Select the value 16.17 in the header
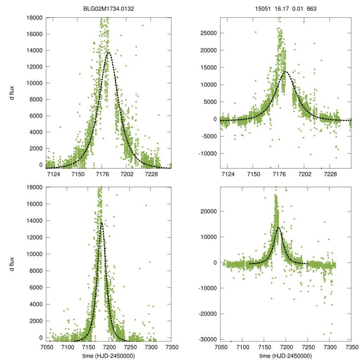281,9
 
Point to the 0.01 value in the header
297,9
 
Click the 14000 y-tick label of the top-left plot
35,50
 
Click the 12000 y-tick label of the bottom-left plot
35,237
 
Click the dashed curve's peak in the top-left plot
108,52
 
